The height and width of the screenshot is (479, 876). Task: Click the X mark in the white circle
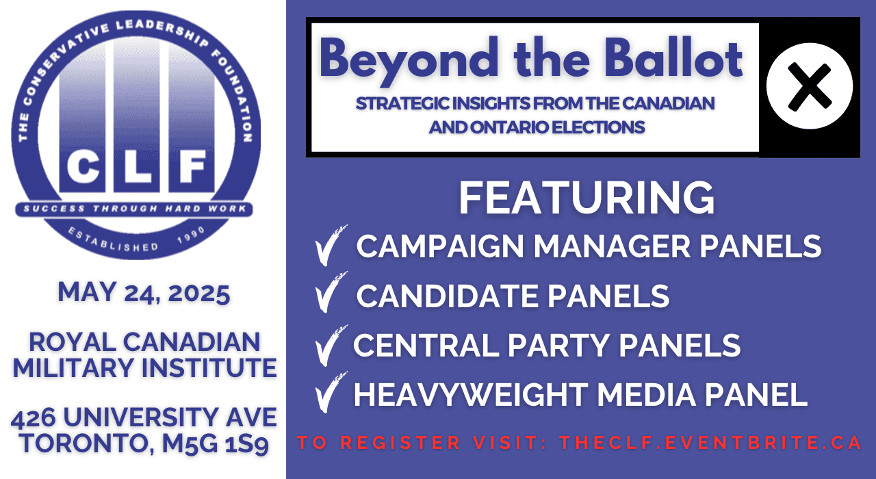[810, 86]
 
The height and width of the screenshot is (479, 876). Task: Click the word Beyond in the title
[404, 60]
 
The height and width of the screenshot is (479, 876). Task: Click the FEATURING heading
[587, 198]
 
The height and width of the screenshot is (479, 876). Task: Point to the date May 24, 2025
[144, 293]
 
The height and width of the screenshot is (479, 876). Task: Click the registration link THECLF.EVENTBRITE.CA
[710, 442]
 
